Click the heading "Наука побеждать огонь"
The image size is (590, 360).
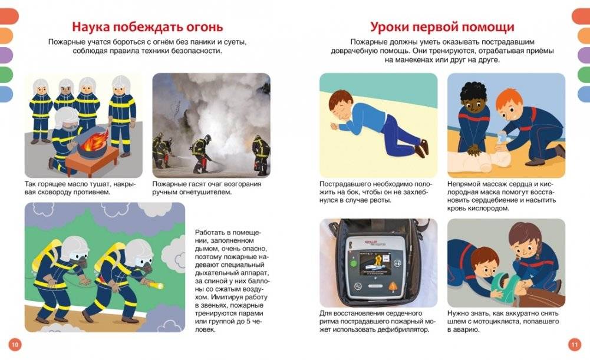[x=147, y=27]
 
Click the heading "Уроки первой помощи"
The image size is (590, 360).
[x=442, y=27]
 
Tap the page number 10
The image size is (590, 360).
[x=15, y=345]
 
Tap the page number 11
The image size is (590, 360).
[x=575, y=345]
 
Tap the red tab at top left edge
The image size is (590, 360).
[x=7, y=16]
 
